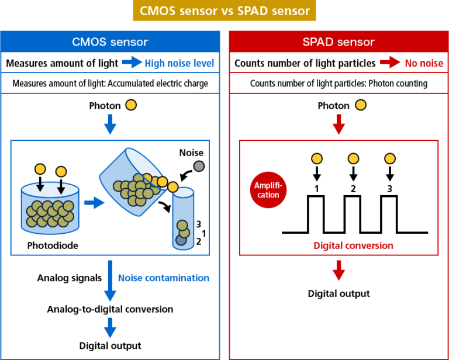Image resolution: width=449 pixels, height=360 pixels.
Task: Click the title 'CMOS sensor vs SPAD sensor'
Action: coord(224,11)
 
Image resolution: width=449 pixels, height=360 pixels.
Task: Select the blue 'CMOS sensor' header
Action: coord(110,42)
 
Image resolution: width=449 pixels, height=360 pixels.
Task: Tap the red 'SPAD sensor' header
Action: coord(339,42)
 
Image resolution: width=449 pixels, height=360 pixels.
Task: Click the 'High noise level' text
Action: coord(179,63)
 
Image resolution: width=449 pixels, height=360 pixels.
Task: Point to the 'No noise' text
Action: coord(424,63)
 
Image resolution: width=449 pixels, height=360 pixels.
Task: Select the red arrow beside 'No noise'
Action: coord(390,63)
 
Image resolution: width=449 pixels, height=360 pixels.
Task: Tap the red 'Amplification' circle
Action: coord(268,190)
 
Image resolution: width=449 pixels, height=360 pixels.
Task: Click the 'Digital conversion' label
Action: coord(353,245)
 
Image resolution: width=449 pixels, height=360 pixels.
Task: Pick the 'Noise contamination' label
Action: coord(163,278)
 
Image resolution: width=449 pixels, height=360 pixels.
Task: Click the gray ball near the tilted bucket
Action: coord(199,166)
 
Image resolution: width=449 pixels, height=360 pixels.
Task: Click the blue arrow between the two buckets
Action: coord(93,203)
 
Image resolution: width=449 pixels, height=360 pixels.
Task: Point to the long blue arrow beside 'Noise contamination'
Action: coord(110,281)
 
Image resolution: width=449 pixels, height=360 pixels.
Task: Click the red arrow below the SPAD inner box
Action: coord(339,271)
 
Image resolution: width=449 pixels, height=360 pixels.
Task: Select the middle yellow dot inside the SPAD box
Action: coord(353,158)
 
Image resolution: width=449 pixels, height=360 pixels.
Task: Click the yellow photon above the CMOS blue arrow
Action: coord(131,105)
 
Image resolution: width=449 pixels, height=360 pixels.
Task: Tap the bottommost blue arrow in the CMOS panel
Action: coord(110,327)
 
